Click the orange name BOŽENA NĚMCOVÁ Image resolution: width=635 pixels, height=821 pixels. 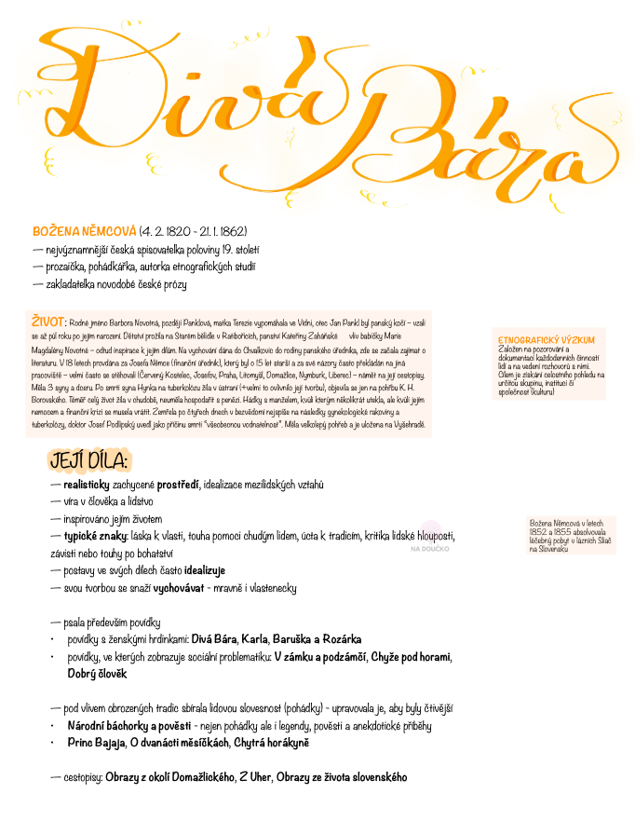[x=85, y=230]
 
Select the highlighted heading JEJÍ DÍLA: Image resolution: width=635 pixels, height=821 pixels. [x=89, y=461]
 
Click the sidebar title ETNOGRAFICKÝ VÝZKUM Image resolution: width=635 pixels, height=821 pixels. [x=546, y=340]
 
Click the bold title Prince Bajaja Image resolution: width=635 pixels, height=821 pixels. [x=96, y=743]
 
